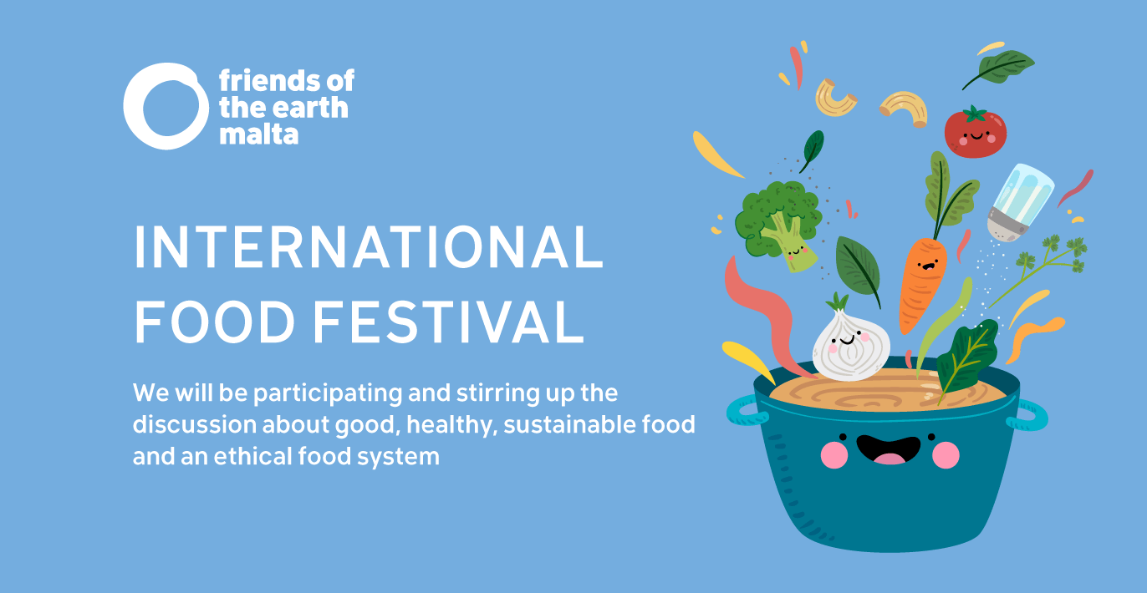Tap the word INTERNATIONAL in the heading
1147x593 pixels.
(x=368, y=248)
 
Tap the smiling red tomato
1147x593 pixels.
(x=975, y=132)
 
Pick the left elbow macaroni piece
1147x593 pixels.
(x=836, y=96)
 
